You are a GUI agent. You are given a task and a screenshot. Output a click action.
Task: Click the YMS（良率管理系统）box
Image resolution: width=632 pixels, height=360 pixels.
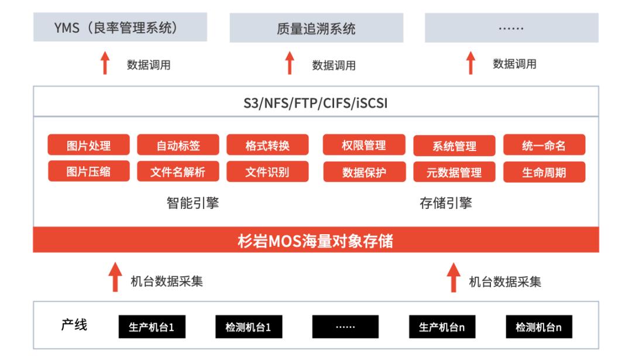pos(120,28)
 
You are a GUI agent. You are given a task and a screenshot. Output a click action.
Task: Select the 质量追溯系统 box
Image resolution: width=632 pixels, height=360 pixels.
pos(316,28)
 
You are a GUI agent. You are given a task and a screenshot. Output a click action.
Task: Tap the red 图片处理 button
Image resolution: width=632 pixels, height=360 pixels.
pos(88,146)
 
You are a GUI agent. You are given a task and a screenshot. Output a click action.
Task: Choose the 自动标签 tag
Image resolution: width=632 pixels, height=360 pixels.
pos(178,146)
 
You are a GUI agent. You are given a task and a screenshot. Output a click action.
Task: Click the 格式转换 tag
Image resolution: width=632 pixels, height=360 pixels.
pos(267,146)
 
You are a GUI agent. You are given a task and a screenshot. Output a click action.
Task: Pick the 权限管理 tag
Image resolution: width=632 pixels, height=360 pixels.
pos(363,145)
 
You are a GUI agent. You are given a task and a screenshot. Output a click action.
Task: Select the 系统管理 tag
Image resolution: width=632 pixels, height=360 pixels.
pos(454,146)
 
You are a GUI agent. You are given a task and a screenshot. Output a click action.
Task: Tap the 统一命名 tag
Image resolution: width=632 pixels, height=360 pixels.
pos(544,146)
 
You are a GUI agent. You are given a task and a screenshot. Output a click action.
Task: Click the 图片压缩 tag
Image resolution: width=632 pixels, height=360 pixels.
pos(88,172)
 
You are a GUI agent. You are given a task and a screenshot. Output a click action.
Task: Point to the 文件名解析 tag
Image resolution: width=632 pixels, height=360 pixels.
pos(178,172)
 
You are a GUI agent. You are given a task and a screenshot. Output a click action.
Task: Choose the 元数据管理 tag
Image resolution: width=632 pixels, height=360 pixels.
pos(454,172)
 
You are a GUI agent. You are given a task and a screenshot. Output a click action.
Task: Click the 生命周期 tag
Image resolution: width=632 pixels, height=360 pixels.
pos(544,172)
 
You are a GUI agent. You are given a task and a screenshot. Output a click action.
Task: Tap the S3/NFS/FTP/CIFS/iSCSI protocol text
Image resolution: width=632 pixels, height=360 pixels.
pos(316,104)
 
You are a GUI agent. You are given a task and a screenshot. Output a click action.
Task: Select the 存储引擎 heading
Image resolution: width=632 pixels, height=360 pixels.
pos(446,204)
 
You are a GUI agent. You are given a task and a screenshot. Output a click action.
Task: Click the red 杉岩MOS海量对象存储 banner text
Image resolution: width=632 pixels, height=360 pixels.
pos(316,241)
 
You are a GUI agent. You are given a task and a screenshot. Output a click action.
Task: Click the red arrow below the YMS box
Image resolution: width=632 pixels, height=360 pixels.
pos(105,63)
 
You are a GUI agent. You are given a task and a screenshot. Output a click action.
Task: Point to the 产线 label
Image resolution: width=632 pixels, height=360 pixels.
pos(74,325)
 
